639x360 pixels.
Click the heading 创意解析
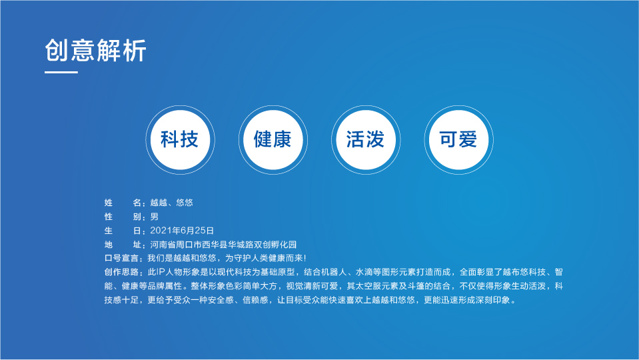[96, 51]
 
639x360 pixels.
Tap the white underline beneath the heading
[61, 73]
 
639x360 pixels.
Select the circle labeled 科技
[179, 139]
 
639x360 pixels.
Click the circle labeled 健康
[273, 139]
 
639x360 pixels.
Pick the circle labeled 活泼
[365, 139]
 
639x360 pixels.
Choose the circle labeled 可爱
[458, 139]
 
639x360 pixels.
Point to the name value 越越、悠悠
[172, 202]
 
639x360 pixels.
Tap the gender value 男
[155, 216]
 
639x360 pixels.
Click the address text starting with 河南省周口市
[223, 244]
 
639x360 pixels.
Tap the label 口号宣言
[123, 257]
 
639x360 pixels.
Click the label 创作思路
[123, 271]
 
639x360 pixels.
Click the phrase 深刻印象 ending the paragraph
[493, 299]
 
